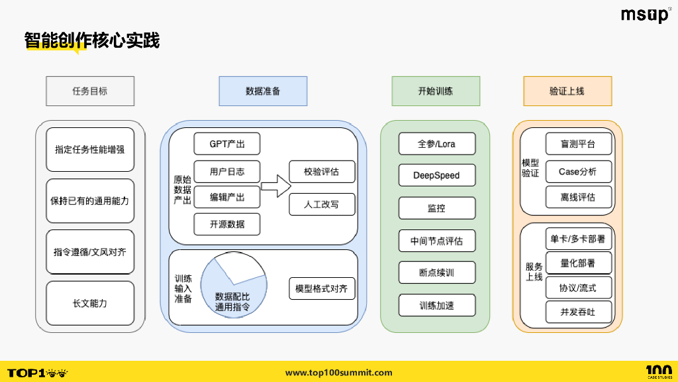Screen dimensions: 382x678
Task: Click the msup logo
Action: pos(645,15)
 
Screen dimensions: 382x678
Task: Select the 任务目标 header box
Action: pos(90,91)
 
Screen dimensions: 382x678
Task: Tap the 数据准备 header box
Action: pos(263,91)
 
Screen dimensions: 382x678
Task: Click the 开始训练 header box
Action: pos(435,91)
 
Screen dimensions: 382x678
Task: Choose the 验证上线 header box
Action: pos(567,91)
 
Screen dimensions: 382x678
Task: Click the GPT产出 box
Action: pos(227,144)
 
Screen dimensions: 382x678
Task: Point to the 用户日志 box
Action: pos(227,172)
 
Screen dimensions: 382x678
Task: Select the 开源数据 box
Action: pos(227,224)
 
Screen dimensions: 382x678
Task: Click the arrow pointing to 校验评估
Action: pos(275,186)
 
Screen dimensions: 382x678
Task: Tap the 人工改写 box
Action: pos(322,204)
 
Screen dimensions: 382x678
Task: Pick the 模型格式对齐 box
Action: pos(322,289)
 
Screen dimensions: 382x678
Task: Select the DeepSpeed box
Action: pos(436,176)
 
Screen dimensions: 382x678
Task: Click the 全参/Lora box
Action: pos(436,144)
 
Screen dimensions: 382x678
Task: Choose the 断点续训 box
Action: pos(436,273)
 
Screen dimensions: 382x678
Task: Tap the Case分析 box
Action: pos(578,171)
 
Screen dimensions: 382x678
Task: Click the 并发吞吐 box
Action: pos(578,312)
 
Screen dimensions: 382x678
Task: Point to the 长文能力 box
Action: pos(90,303)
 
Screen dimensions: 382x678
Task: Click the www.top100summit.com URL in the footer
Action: pos(338,373)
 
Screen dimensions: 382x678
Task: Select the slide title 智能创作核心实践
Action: pos(92,40)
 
